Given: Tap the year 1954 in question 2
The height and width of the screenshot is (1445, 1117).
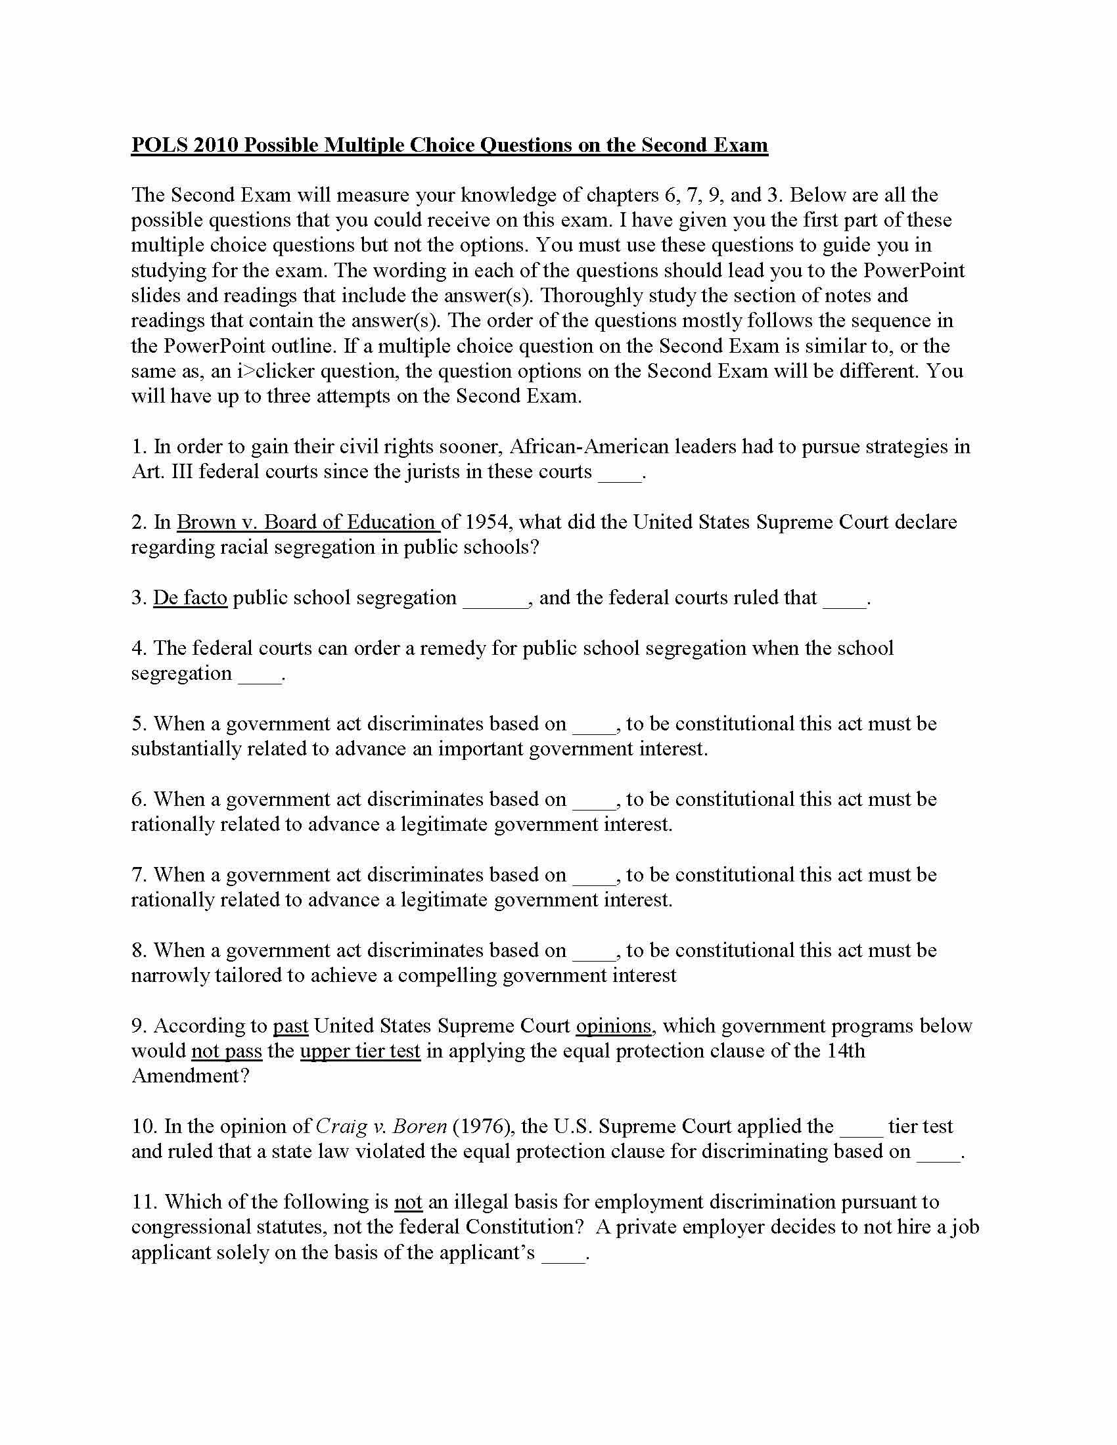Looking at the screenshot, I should click(x=488, y=522).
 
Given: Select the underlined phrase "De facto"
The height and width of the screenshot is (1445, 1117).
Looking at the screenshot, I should click(x=190, y=598).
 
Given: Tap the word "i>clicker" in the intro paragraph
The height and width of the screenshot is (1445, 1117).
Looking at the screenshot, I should click(x=275, y=370).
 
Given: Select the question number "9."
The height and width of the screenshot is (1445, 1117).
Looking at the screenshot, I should click(x=139, y=1025).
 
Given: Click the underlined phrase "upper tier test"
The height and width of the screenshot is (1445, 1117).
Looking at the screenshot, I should click(x=360, y=1051).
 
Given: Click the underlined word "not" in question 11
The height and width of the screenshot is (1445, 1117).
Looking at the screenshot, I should click(x=407, y=1201).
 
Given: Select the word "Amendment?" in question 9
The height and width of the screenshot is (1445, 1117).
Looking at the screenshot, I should click(x=191, y=1076).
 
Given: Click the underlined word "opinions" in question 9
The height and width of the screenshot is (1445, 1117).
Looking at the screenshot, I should click(x=614, y=1025).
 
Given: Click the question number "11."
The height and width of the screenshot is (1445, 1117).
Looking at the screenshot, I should click(x=145, y=1201).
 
